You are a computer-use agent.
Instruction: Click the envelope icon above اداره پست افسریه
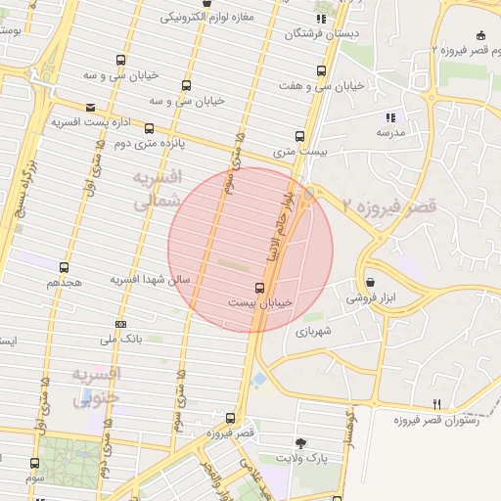point(91,108)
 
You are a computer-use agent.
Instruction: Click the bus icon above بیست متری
point(299,137)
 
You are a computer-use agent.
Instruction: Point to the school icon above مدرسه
point(391,116)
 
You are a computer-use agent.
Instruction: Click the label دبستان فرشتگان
point(322,33)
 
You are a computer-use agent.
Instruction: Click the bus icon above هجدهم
point(65,267)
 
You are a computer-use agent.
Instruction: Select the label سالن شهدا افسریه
point(150,280)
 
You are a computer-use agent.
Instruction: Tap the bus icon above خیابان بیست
point(259,288)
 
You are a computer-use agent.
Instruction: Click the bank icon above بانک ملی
point(120,324)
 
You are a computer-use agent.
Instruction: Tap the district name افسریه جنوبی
point(96,386)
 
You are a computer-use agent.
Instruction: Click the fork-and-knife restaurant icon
point(436,404)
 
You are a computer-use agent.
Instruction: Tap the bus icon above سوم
point(35,464)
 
